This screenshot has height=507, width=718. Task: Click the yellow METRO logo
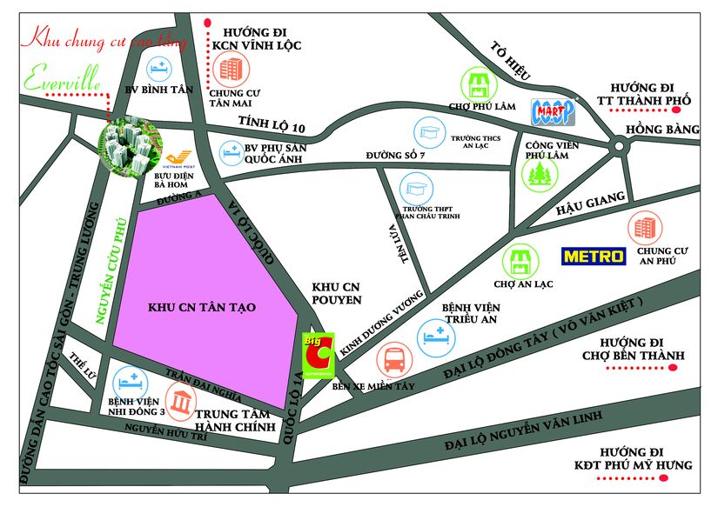point(594,257)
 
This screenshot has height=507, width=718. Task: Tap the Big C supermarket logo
point(319,352)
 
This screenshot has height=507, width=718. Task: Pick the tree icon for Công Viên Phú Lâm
point(539,171)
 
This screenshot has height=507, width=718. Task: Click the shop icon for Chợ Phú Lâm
point(478,83)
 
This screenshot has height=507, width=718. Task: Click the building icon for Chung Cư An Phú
point(646,228)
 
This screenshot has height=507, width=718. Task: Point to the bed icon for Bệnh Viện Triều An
point(433,335)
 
